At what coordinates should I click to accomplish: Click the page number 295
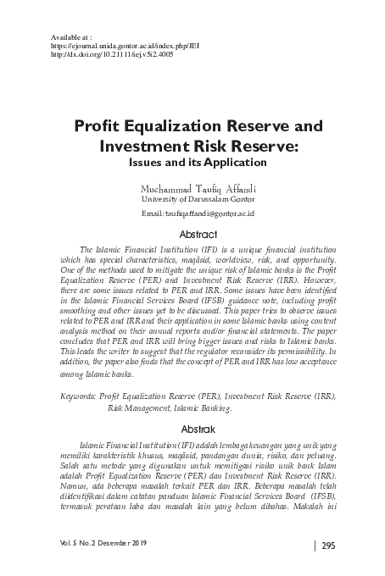329,545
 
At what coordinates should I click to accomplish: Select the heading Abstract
192,235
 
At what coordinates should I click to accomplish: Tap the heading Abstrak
192,429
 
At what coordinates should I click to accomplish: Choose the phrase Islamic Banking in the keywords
207,407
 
